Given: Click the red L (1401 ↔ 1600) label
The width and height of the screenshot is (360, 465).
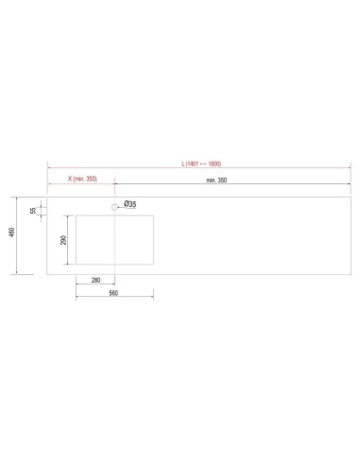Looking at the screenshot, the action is pyautogui.click(x=201, y=164).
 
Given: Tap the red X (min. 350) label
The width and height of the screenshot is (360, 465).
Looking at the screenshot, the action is pyautogui.click(x=82, y=179).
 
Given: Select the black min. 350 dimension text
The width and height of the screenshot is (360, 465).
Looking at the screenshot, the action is pyautogui.click(x=216, y=181).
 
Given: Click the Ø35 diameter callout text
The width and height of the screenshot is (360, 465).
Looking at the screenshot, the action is pyautogui.click(x=130, y=204).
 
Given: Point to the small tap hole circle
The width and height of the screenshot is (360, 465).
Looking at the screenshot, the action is pyautogui.click(x=114, y=207).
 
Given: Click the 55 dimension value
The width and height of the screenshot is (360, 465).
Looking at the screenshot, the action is pyautogui.click(x=33, y=211).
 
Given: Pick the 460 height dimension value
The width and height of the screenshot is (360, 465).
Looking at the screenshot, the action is pyautogui.click(x=11, y=232).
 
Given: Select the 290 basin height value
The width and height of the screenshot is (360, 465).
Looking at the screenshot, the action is pyautogui.click(x=63, y=240).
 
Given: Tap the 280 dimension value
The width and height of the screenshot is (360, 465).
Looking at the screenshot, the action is pyautogui.click(x=95, y=280).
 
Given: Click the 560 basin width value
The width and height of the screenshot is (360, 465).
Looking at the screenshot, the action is pyautogui.click(x=113, y=293).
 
